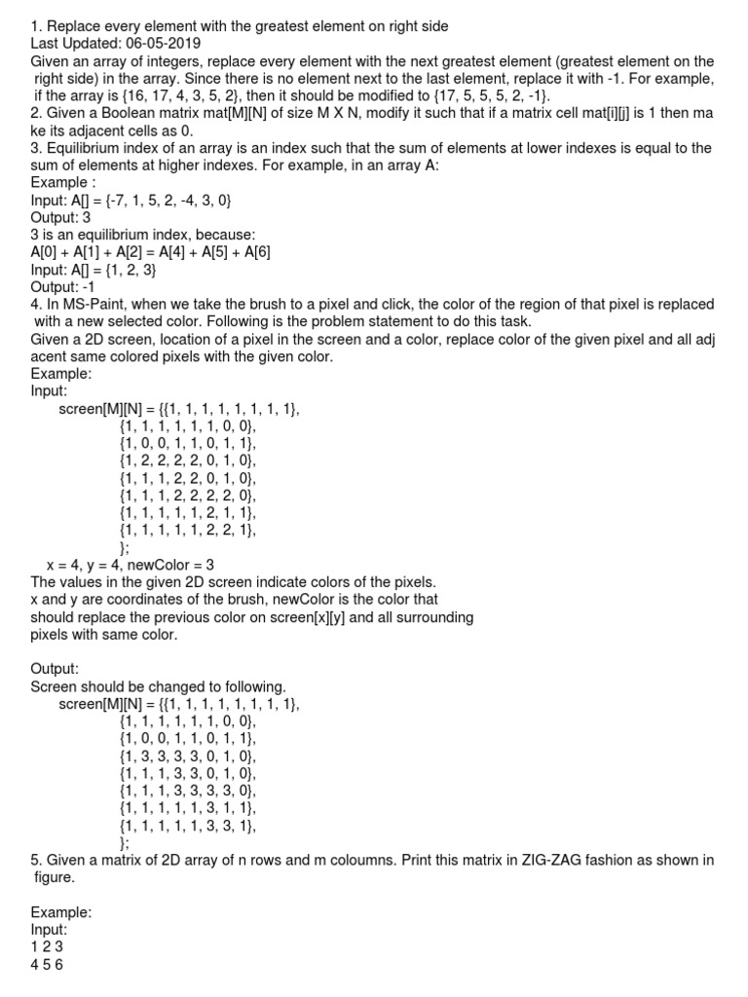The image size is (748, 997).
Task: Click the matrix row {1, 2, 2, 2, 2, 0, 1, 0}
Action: point(188,461)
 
